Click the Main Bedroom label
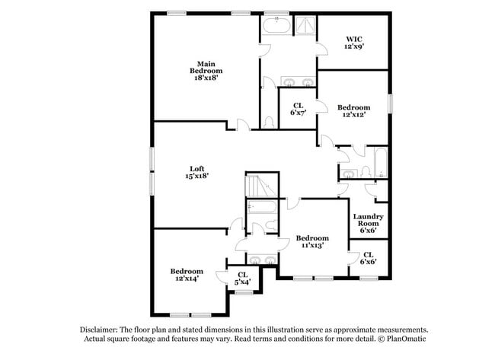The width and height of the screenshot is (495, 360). tap(206, 71)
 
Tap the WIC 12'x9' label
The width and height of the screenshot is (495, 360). tap(353, 42)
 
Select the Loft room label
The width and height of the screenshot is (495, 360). tap(196, 172)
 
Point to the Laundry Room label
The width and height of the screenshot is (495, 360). tap(368, 220)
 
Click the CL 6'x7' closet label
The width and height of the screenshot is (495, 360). tap(298, 109)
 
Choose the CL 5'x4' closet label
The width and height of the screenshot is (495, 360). tap(243, 279)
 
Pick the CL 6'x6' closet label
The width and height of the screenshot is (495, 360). tap(368, 259)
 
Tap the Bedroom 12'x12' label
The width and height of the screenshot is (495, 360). tap(354, 111)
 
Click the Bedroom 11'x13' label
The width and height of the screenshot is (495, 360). tap(312, 241)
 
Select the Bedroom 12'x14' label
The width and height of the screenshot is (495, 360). tap(187, 275)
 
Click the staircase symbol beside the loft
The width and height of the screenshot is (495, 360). tap(257, 186)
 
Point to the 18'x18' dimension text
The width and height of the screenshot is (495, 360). tap(206, 78)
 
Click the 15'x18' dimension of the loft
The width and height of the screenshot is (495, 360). tap(196, 176)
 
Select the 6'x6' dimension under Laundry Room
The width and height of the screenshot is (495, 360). tap(368, 230)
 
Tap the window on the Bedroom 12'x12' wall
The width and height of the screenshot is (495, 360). tap(389, 103)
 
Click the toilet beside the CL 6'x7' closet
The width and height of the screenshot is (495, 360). tap(268, 120)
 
